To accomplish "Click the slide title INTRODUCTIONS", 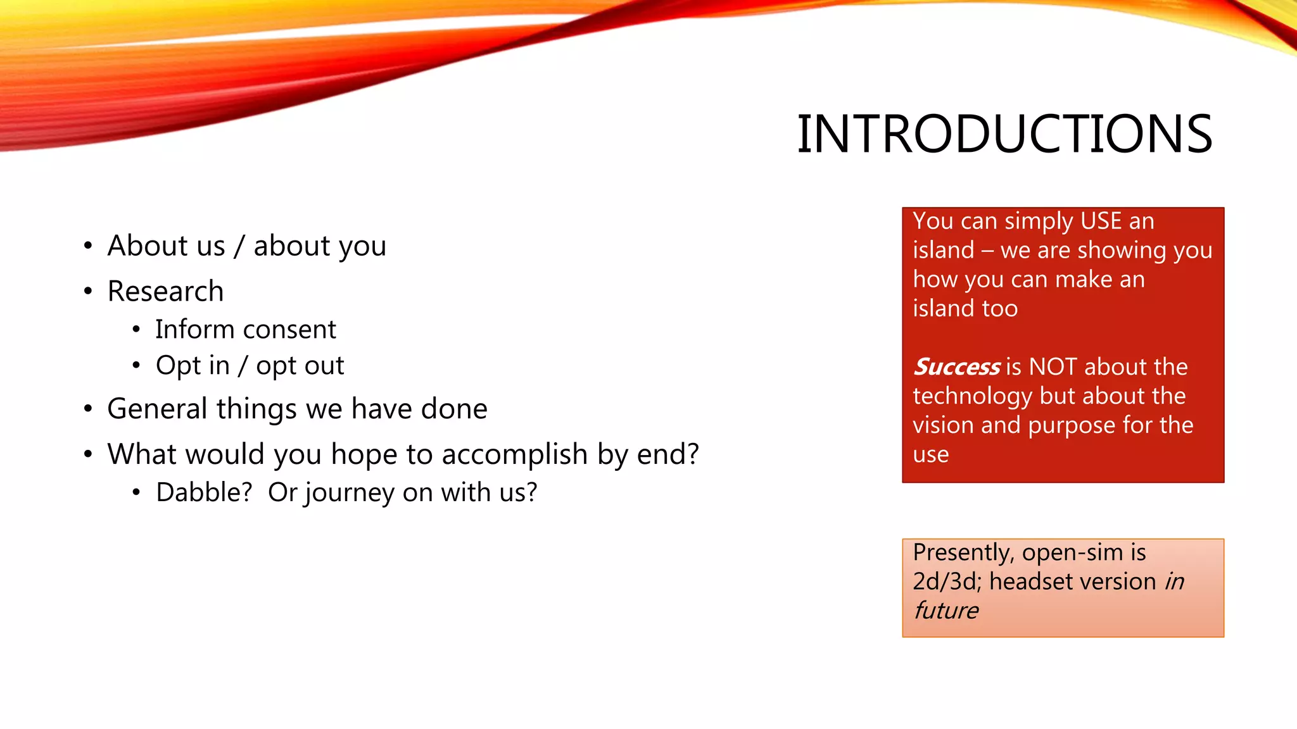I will (1004, 134).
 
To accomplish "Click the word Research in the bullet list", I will (165, 291).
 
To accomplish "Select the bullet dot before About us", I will (88, 246).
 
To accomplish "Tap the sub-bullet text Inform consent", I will (246, 329).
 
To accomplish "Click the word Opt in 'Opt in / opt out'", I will (174, 366).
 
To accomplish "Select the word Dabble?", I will (204, 492).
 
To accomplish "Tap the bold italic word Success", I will (956, 366).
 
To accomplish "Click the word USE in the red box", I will (1101, 221).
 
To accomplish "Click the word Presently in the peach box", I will (963, 553).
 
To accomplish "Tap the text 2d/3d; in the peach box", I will (947, 582).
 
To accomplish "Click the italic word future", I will (946, 611).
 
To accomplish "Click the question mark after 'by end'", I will (693, 454).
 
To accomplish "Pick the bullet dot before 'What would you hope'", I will (88, 454).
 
